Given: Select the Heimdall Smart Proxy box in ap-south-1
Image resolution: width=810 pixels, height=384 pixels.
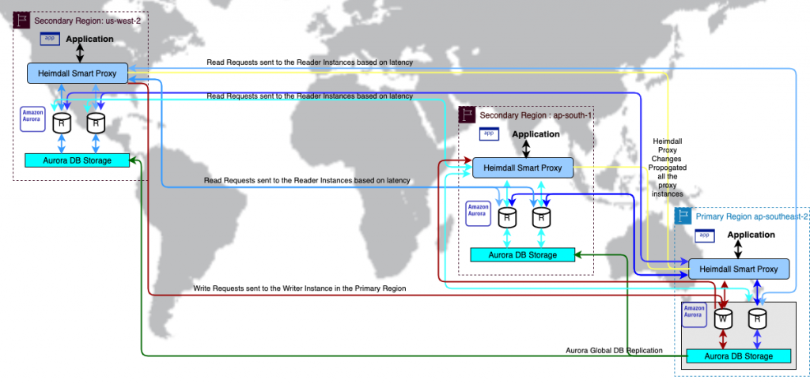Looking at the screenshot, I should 523,168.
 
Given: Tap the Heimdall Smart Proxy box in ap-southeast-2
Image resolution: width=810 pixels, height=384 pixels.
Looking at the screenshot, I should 739,269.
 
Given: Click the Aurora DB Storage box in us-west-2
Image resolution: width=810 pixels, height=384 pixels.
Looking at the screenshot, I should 78,160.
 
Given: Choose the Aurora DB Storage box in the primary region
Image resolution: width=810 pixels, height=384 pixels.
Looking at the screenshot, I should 739,356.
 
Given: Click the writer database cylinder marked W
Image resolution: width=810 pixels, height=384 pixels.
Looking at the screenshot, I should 722,319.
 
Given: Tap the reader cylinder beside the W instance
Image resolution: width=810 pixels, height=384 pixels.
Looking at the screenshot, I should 757,319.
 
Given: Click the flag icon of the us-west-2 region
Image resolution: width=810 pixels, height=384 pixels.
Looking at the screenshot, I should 21,21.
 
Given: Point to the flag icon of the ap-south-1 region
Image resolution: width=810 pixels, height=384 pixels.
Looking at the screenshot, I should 467,115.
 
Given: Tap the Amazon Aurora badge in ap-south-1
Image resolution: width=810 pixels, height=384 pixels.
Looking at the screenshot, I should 477,209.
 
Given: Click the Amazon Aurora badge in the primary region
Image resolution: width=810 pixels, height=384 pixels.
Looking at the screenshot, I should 694,312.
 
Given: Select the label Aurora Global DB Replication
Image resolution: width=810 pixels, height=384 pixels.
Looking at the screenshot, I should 614,349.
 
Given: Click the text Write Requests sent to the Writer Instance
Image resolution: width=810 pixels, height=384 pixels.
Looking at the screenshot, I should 299,289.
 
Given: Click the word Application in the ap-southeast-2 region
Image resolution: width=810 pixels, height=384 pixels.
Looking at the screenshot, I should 751,235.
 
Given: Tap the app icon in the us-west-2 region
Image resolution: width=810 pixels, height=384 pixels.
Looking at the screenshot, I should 50,37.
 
